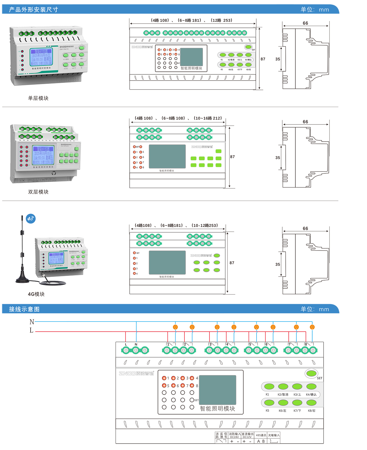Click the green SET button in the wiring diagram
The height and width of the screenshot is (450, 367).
(311, 373)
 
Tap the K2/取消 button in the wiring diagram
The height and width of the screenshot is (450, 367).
(283, 387)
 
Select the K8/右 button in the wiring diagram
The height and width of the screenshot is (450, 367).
(311, 403)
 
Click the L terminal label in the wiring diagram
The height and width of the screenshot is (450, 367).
(126, 344)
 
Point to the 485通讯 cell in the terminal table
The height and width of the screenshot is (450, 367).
(261, 435)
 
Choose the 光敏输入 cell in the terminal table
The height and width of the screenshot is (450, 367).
(274, 435)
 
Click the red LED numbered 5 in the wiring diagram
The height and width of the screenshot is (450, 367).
(164, 385)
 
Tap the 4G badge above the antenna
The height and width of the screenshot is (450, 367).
(30, 219)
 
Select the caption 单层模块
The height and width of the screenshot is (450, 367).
(38, 98)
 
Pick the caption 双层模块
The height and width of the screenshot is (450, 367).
(38, 192)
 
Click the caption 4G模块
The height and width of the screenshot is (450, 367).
(36, 294)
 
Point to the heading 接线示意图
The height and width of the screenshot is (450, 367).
(24, 309)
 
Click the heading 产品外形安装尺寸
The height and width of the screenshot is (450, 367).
(33, 9)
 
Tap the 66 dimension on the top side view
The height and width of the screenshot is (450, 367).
(305, 23)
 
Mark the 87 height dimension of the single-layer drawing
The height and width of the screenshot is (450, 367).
(263, 59)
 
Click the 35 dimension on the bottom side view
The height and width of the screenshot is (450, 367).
(277, 264)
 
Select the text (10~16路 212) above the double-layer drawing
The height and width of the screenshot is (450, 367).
(208, 118)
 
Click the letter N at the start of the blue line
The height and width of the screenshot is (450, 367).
(32, 322)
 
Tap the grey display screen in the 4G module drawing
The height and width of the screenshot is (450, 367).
(167, 262)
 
